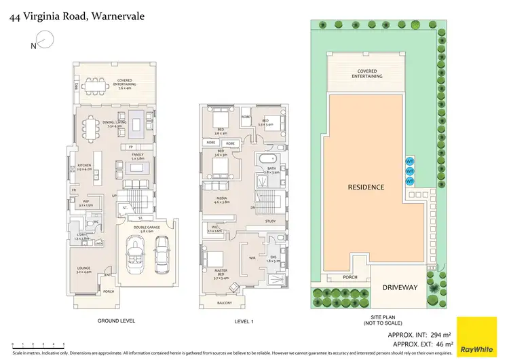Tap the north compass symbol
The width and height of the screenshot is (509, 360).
[x=39, y=45]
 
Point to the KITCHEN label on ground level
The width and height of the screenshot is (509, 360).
[x=85, y=165]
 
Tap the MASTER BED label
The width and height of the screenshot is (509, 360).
[x=221, y=272]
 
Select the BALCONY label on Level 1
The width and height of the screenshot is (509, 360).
[x=224, y=303]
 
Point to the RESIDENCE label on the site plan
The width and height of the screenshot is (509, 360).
[x=366, y=187]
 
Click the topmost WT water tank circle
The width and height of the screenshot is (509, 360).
[x=409, y=162]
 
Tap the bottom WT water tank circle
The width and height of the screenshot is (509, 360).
[x=409, y=181]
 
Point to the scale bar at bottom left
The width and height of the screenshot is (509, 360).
[x=38, y=344]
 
